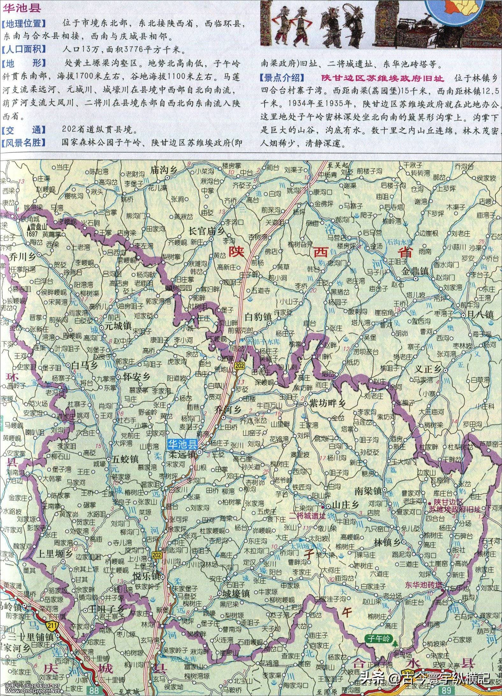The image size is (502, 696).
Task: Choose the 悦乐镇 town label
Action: tap(147, 576)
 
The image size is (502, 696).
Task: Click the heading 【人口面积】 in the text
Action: tap(23, 49)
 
